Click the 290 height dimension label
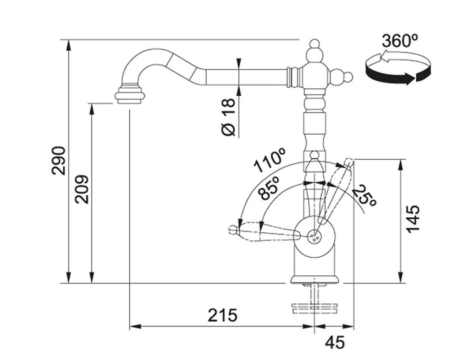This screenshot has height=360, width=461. (59, 161)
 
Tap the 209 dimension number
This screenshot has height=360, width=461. (82, 189)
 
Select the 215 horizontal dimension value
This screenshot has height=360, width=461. (223, 315)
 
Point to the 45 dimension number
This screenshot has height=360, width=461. (334, 342)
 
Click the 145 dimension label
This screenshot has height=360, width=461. (413, 219)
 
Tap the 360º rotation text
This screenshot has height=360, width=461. (400, 41)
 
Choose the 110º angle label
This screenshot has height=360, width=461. (269, 161)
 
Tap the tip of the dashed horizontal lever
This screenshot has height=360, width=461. (233, 229)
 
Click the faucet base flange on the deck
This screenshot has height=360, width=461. (315, 279)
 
